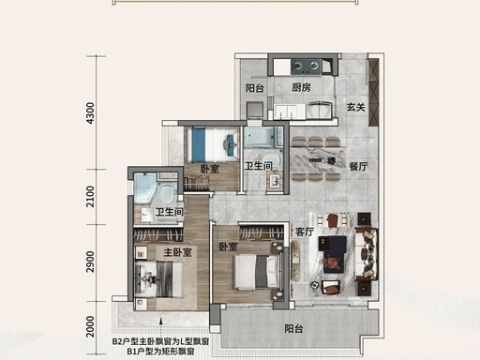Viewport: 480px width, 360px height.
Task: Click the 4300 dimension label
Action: click(x=90, y=112)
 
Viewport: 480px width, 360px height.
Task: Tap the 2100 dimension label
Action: click(x=90, y=196)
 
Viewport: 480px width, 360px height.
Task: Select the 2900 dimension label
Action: click(x=90, y=262)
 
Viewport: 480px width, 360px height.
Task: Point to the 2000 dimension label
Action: click(x=90, y=326)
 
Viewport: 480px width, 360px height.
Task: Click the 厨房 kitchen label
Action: click(x=302, y=87)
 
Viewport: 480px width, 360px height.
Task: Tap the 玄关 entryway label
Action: click(x=356, y=107)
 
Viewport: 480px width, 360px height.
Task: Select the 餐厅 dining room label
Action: click(x=358, y=167)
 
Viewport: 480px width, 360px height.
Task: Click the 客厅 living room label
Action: click(x=305, y=232)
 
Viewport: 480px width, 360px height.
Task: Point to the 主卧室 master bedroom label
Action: click(x=177, y=252)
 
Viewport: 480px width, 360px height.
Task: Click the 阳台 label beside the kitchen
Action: click(x=254, y=88)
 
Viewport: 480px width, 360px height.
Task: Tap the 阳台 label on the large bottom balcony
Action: click(x=293, y=329)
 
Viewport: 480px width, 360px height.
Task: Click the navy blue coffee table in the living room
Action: click(x=333, y=254)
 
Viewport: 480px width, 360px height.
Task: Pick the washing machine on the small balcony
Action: click(x=255, y=110)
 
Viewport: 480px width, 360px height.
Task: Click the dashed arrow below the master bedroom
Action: click(x=160, y=327)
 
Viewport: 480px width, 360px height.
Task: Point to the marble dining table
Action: click(x=317, y=160)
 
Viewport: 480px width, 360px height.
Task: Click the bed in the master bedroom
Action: click(x=158, y=279)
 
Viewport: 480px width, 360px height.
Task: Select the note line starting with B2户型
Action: click(x=160, y=341)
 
